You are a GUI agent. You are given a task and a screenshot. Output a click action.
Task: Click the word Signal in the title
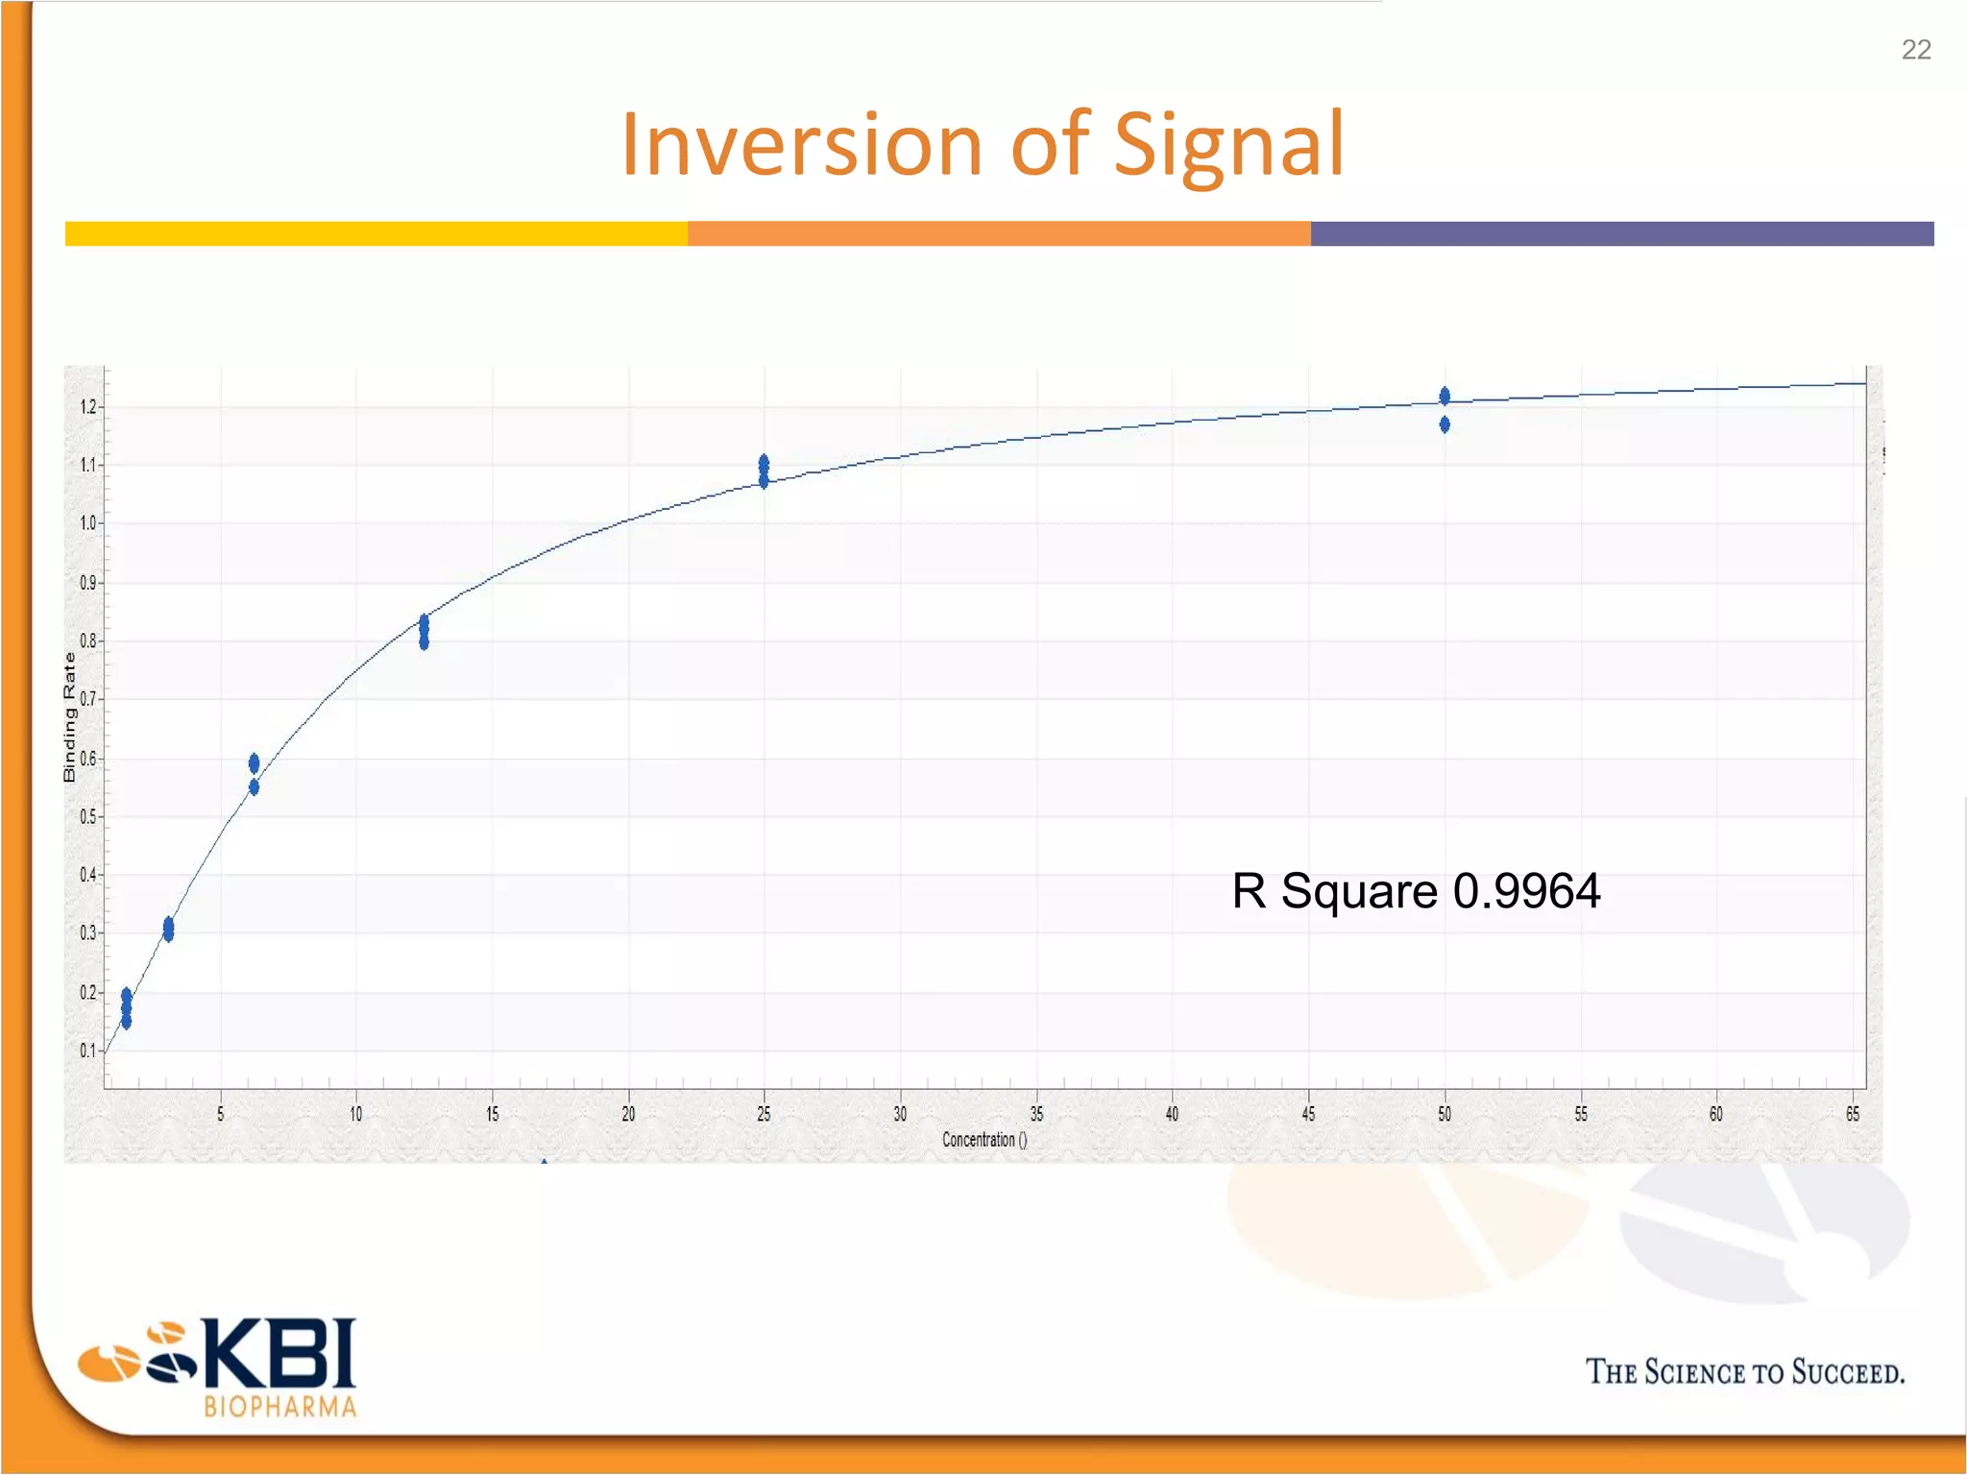coord(1228,145)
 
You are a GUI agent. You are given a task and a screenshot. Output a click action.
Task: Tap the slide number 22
coord(1915,50)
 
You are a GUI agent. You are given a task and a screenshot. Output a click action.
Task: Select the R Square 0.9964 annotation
coord(1416,890)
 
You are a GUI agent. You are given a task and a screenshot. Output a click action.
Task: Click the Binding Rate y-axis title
coord(69,716)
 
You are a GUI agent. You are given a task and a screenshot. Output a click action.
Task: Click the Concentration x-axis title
coord(983,1140)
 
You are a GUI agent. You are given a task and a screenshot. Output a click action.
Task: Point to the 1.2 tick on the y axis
coord(89,407)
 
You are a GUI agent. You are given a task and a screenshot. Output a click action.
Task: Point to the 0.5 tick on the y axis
coord(89,817)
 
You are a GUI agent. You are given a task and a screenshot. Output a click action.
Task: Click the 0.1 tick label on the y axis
coord(88,1051)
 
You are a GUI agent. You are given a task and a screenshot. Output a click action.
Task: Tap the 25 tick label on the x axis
coord(764,1114)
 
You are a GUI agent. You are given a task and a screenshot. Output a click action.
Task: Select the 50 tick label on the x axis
coord(1445,1114)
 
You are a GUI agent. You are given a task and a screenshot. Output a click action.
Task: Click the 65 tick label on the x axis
coord(1853,1114)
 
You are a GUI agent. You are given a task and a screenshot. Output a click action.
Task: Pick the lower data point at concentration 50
coord(1445,424)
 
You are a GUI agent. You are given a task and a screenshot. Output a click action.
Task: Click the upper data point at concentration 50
coord(1445,396)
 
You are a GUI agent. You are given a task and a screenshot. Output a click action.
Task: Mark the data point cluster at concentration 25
coord(764,472)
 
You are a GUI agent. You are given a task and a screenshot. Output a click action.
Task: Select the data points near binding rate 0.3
coord(169,929)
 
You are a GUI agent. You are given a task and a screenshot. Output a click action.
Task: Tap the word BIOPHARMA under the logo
coord(280,1407)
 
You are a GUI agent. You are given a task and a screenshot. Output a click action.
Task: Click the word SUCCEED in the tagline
coord(1847,1372)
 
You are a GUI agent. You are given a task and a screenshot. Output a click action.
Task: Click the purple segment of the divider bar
coord(1621,233)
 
